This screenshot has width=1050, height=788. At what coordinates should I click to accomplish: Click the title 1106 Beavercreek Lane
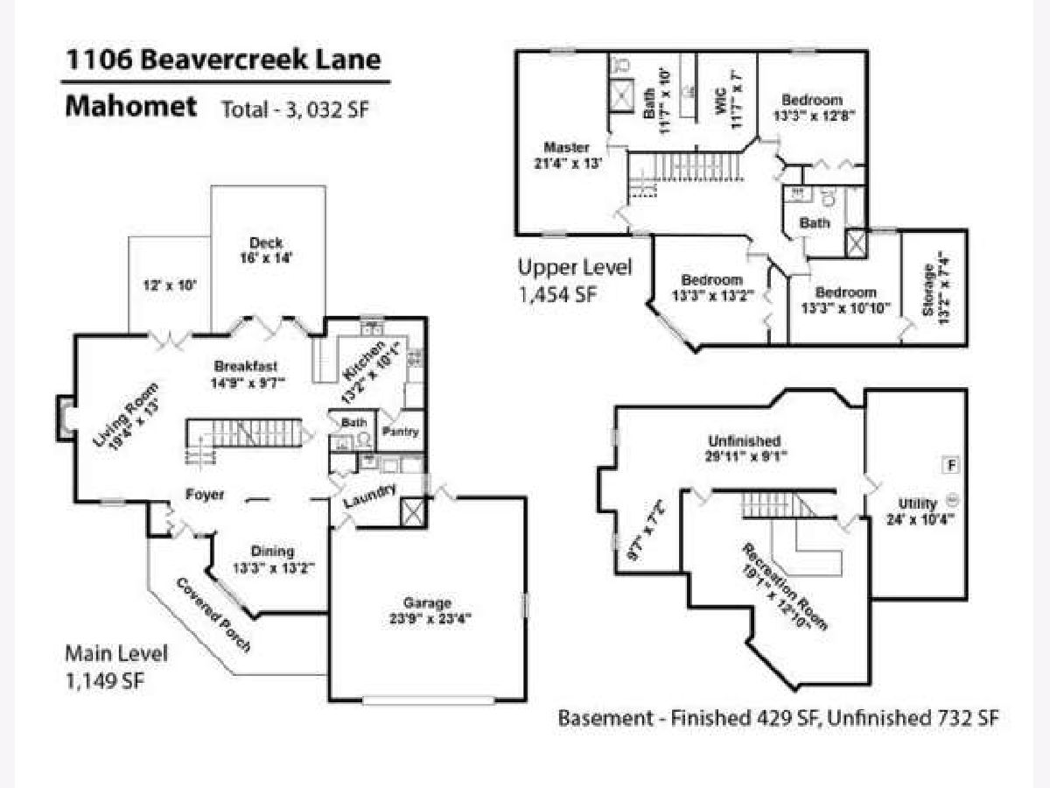click(x=224, y=60)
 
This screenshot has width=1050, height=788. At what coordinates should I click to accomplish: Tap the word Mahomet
click(x=130, y=107)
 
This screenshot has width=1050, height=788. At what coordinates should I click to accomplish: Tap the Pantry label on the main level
click(x=401, y=432)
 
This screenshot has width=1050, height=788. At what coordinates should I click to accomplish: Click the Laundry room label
click(x=369, y=496)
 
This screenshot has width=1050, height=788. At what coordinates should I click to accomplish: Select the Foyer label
click(x=205, y=495)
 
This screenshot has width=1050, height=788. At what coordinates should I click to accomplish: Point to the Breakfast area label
click(x=246, y=374)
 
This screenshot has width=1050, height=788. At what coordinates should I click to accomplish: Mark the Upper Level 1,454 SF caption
click(x=574, y=280)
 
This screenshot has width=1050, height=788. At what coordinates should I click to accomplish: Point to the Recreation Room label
click(x=784, y=587)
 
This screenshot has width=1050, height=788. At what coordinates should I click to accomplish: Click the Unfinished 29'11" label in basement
click(x=745, y=448)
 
